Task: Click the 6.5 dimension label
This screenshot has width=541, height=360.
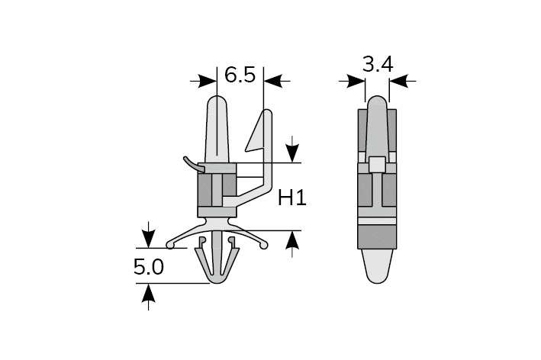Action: pos(240,75)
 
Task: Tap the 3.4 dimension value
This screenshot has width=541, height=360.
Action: pos(378,65)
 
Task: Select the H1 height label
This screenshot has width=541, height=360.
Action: pos(292,198)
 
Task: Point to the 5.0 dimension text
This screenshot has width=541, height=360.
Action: pos(149,267)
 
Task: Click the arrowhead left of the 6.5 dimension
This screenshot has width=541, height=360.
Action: pos(208,82)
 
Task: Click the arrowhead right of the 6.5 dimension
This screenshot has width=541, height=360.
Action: pos(272,82)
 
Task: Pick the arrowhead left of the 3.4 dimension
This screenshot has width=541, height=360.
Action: pos(356,82)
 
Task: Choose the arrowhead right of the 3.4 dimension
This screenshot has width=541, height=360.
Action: pos(398,82)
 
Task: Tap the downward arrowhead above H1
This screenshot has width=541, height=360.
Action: pos(292,153)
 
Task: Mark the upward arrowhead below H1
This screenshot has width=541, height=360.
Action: pos(292,239)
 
